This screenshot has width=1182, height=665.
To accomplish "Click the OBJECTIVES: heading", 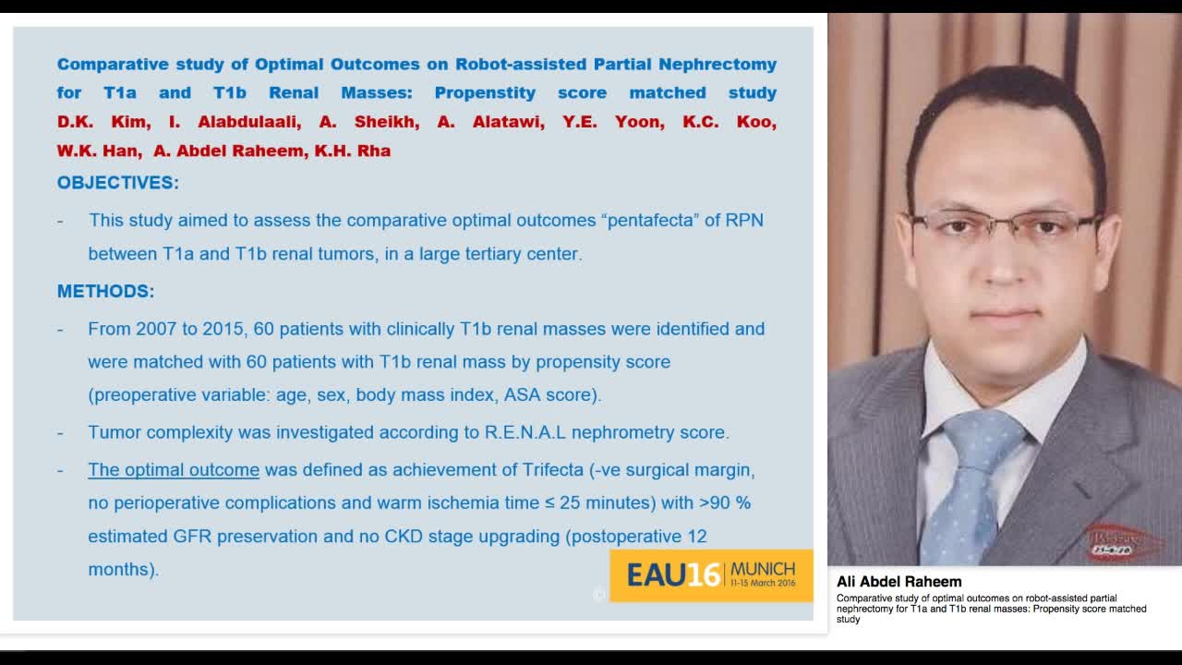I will pyautogui.click(x=118, y=183).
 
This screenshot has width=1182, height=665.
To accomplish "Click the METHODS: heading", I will pyautogui.click(x=106, y=292).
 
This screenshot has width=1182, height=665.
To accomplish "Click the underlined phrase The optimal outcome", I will pyautogui.click(x=174, y=470).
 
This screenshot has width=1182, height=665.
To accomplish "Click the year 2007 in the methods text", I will pyautogui.click(x=155, y=329).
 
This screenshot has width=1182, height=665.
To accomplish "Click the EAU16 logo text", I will pyautogui.click(x=673, y=574).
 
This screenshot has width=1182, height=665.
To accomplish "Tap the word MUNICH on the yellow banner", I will pyautogui.click(x=762, y=568).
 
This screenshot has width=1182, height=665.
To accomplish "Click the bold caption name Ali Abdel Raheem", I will pyautogui.click(x=899, y=582).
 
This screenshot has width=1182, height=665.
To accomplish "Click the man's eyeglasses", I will pyautogui.click(x=1003, y=226).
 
